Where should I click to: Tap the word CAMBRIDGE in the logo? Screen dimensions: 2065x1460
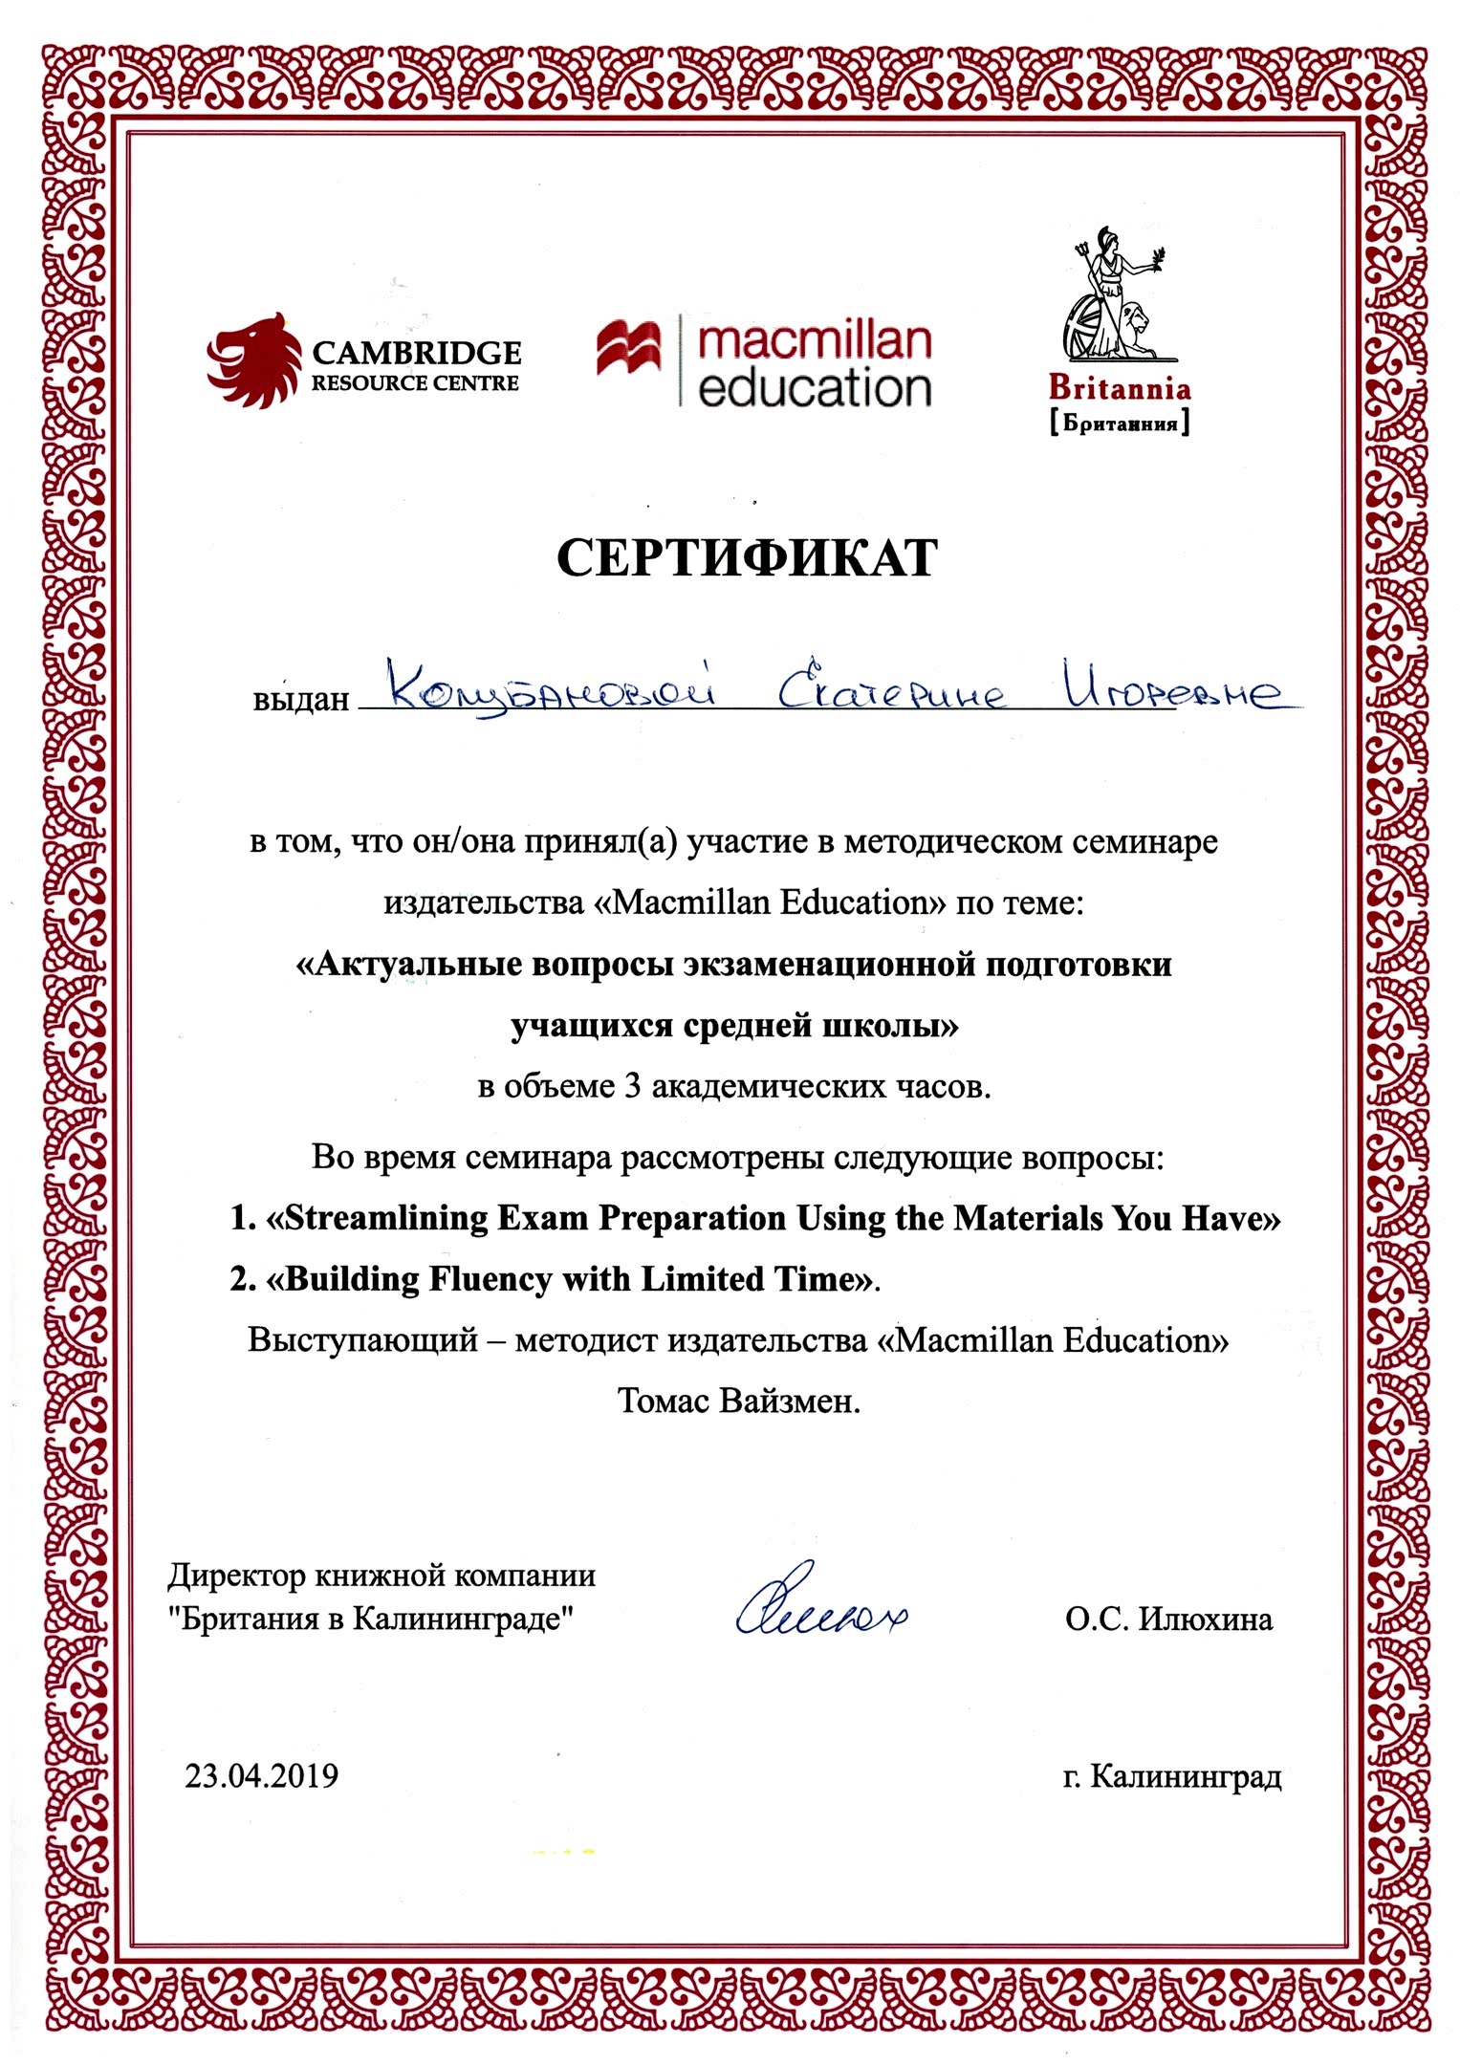[x=416, y=353]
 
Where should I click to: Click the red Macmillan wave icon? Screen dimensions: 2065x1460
[x=628, y=349]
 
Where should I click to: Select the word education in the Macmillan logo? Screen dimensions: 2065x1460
[x=815, y=388]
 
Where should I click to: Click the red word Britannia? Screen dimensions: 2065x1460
[x=1119, y=388]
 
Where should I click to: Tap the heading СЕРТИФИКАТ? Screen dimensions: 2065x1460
[x=747, y=558]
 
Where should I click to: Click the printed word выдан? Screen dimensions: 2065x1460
[x=300, y=700]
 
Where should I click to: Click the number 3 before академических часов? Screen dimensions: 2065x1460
[x=631, y=1087]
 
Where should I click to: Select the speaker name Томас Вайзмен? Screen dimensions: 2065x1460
[x=738, y=1402]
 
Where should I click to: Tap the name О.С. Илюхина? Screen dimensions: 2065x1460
[x=1168, y=1619]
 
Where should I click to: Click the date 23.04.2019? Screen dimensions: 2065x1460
[x=261, y=1775]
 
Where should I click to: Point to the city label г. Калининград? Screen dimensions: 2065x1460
[x=1171, y=1776]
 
